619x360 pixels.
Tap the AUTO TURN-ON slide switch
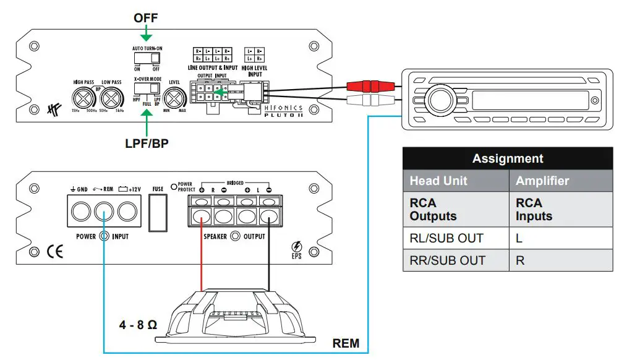pyautogui.click(x=146, y=59)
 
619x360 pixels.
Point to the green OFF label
pyautogui.click(x=146, y=18)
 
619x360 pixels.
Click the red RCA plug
pyautogui.click(x=370, y=85)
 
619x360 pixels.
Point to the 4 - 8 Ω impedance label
pyautogui.click(x=138, y=324)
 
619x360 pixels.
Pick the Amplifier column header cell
pyautogui.click(x=542, y=181)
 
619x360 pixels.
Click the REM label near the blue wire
pyautogui.click(x=346, y=343)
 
